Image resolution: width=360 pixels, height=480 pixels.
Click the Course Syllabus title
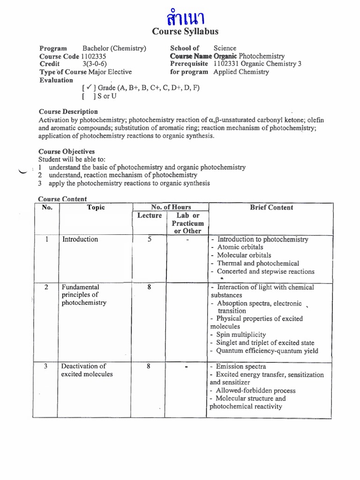coord(185,31)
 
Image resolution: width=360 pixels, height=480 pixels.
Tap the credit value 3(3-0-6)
coord(97,64)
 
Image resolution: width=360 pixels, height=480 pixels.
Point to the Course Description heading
coord(68,112)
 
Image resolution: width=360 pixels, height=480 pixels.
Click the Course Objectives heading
coord(66,151)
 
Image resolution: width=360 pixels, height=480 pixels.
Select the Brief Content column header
coord(271,208)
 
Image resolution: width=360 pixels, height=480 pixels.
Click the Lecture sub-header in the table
coord(149,216)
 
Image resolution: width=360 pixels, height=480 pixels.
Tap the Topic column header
coord(96,208)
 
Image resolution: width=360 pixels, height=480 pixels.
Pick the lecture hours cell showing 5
coord(149,239)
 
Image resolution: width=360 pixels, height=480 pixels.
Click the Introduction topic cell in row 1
coord(80,239)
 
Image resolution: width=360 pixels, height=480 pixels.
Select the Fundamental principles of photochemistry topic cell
coord(84,295)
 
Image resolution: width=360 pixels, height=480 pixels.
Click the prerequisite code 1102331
coord(228,64)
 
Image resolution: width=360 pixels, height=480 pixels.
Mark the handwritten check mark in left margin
coord(21,172)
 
